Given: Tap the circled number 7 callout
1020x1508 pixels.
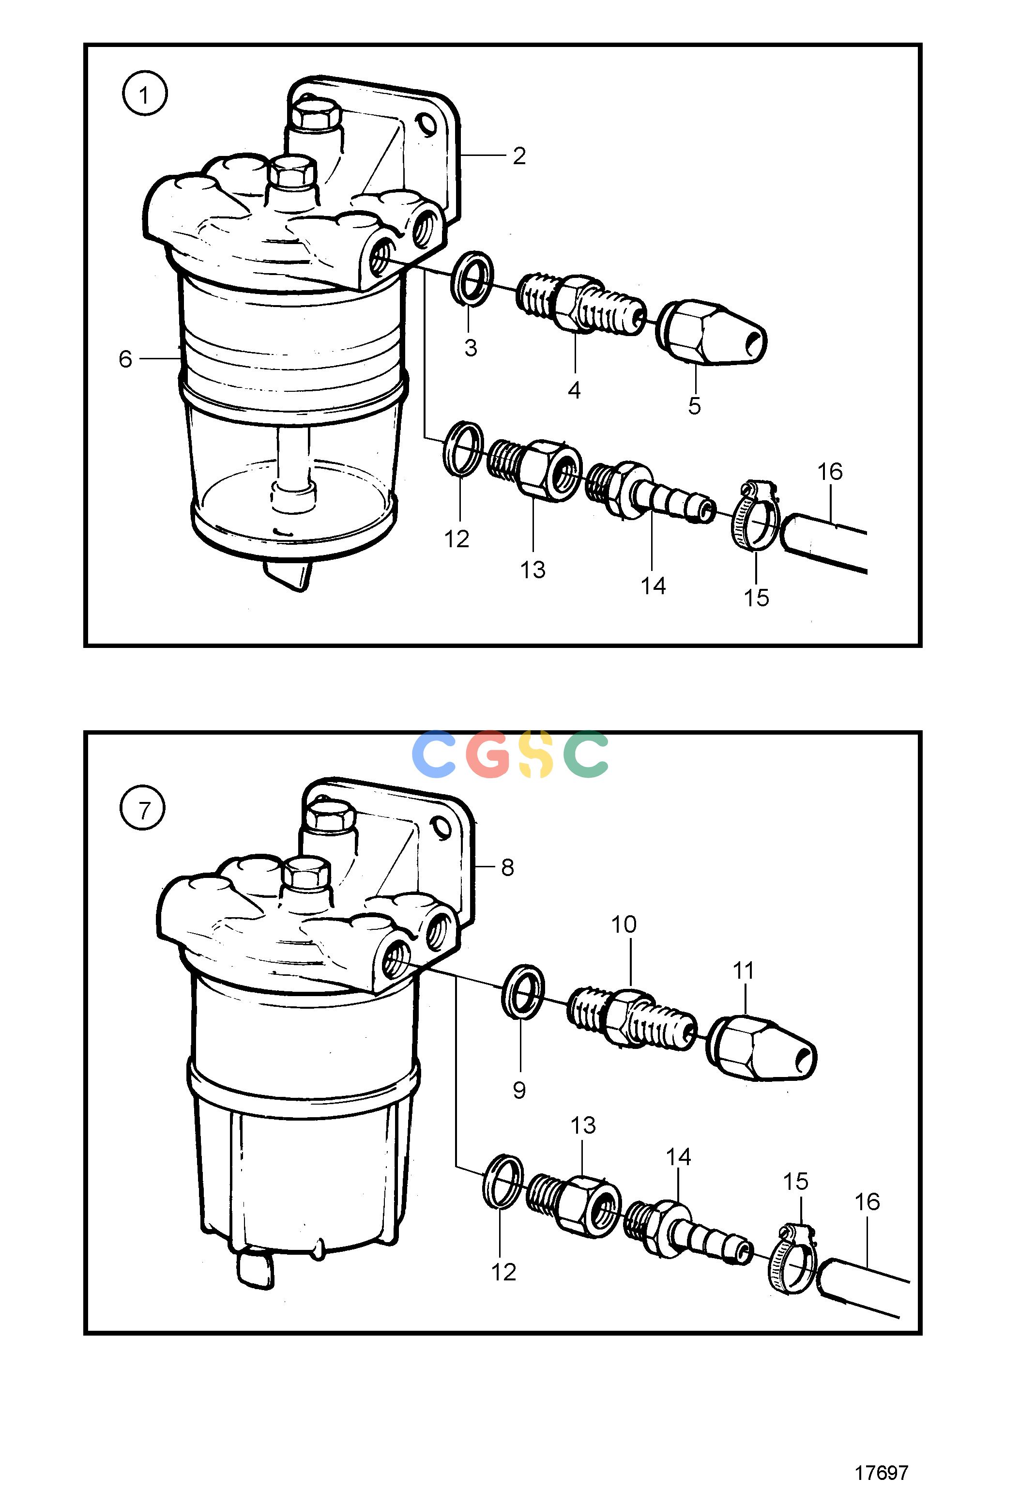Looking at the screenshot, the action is click(143, 809).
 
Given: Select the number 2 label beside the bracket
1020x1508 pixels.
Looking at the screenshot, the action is click(519, 156).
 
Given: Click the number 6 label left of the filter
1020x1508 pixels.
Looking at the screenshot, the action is click(125, 359).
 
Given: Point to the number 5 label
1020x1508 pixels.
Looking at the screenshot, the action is click(694, 406).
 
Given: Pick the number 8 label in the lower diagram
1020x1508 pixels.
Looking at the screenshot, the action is click(507, 867).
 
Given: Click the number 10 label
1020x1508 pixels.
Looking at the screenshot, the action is click(624, 924).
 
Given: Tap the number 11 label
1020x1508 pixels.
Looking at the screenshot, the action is click(743, 971).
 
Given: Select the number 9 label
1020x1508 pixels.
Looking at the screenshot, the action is click(519, 1090).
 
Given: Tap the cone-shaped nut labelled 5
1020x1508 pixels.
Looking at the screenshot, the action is click(712, 332).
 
